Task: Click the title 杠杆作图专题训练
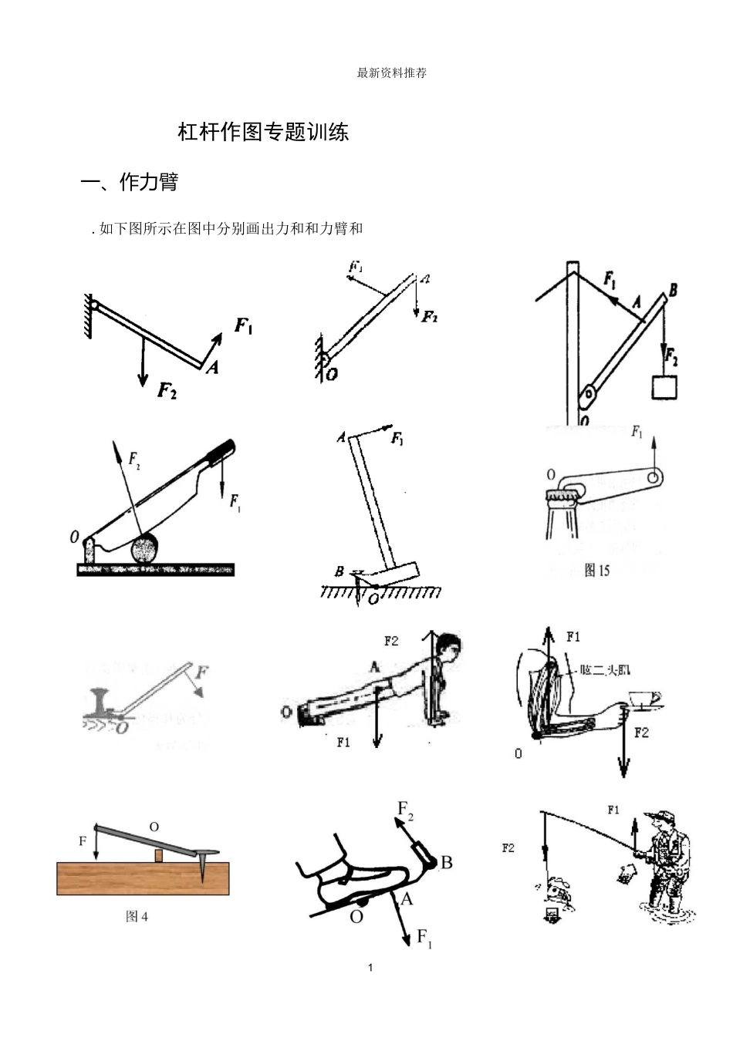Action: [263, 132]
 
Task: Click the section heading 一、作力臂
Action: [130, 182]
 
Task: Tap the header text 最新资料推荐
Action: [392, 73]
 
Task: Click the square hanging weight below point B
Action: [664, 386]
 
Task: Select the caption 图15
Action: [596, 571]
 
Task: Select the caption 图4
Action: [137, 916]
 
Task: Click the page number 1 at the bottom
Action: [370, 968]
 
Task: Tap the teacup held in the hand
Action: [644, 699]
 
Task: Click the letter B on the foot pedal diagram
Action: [446, 863]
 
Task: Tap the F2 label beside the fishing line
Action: [508, 848]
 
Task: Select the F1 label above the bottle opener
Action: [637, 433]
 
